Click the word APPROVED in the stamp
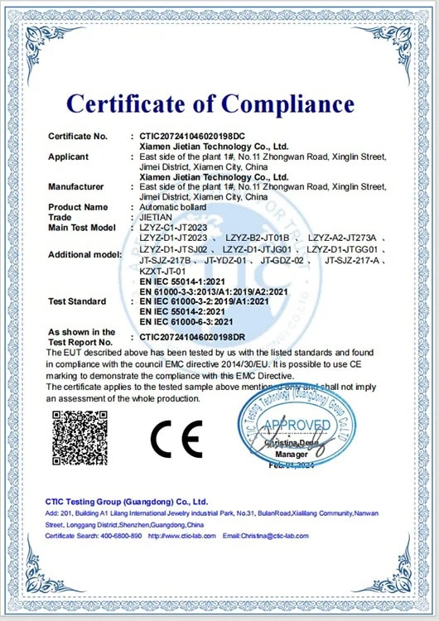[x=297, y=426]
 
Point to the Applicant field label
[x=70, y=156]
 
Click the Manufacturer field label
[x=76, y=187]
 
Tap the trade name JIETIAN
[x=156, y=217]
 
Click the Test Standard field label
[x=76, y=301]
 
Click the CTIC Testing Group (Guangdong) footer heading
[x=127, y=502]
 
